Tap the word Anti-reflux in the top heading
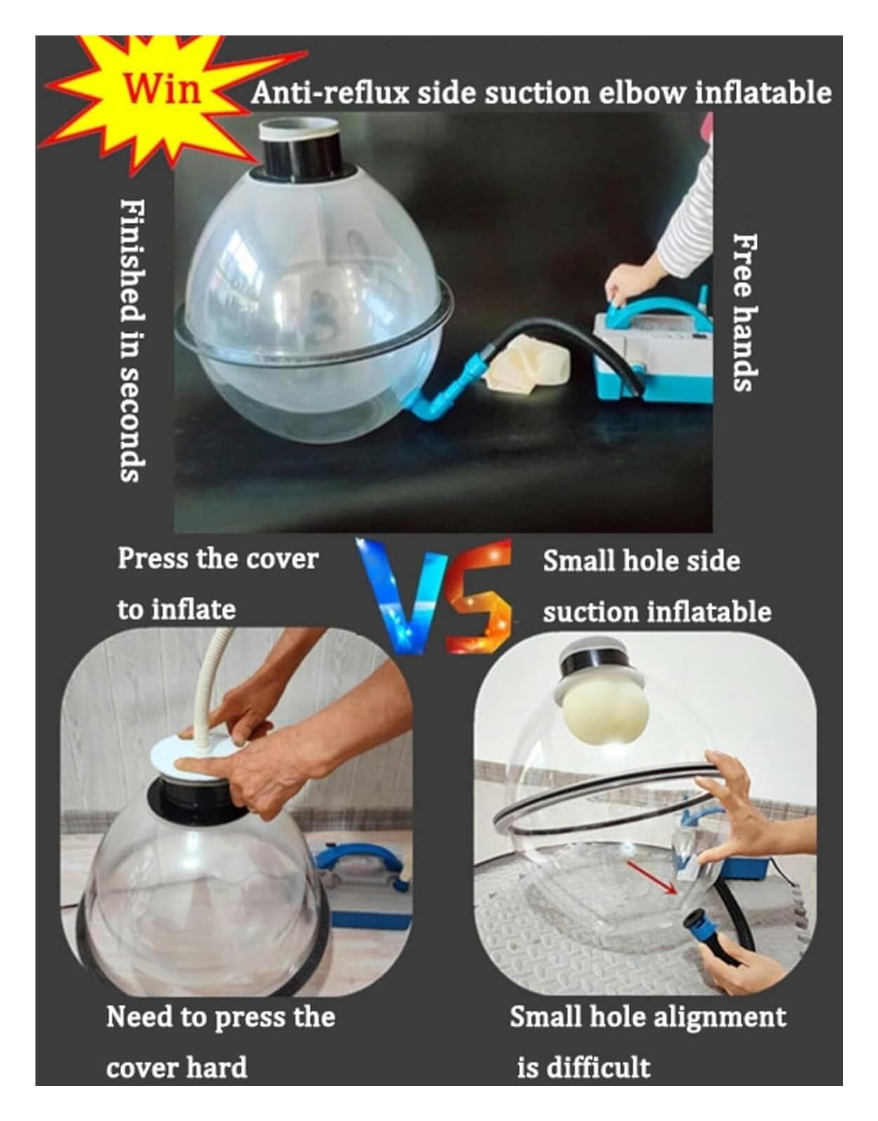pyautogui.click(x=330, y=93)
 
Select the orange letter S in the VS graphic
pyautogui.click(x=480, y=595)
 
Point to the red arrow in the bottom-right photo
pyautogui.click(x=650, y=876)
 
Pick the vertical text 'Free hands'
pyautogui.click(x=745, y=313)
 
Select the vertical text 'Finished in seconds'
pyautogui.click(x=132, y=341)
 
